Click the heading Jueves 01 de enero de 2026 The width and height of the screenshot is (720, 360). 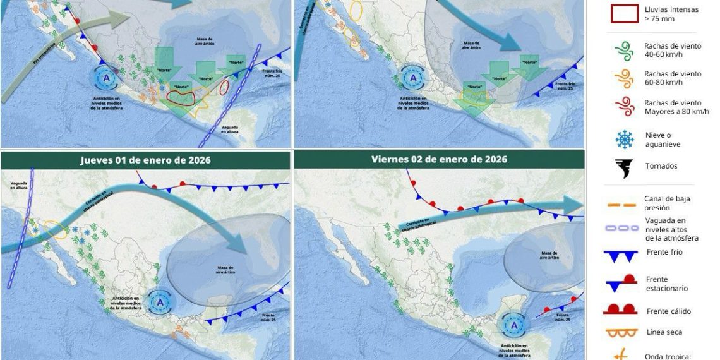coord(145,160)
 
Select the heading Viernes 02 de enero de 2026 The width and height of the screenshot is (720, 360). coord(439,159)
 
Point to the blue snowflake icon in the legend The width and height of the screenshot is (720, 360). coord(624,139)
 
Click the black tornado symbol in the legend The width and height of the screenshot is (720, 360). coord(624,167)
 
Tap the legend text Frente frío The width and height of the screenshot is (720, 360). coord(664,252)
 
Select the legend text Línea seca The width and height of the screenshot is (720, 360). coord(664,332)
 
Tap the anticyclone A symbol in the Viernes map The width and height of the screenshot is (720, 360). coord(515,325)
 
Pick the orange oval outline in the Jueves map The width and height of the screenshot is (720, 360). coord(56,229)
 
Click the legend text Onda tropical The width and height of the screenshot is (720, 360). coord(668,356)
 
